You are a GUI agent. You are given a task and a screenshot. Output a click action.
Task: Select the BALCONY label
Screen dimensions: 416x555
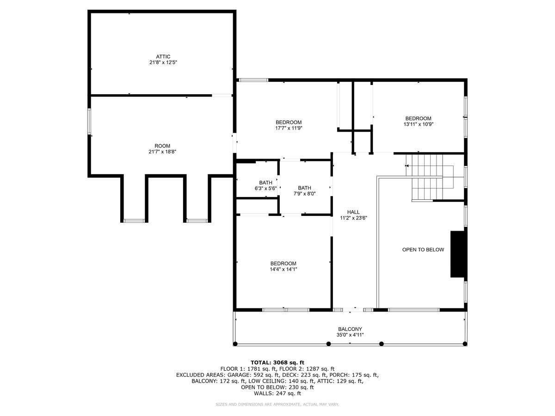coord(350,329)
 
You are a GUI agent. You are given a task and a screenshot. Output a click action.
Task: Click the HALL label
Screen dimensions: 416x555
coord(353,212)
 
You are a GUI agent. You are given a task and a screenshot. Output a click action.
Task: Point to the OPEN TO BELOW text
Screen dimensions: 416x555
coord(423,250)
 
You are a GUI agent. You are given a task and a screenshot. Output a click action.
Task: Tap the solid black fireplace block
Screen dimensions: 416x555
coord(458,254)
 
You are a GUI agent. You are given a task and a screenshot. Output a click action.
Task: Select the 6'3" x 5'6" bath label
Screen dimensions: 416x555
coord(265,188)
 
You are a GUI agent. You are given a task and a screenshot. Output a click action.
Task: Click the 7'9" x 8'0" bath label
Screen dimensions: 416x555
coord(304,194)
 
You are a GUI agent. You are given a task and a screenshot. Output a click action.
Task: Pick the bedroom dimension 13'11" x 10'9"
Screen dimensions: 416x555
coord(418,124)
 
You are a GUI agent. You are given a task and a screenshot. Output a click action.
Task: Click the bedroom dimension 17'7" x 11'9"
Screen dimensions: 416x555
coord(289,128)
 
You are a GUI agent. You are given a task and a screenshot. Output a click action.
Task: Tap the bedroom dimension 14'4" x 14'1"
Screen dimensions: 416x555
coord(284,269)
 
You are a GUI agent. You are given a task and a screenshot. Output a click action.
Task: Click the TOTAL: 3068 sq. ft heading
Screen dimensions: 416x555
coord(277,362)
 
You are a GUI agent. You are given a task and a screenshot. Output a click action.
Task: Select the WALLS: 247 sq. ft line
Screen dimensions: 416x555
coord(277,393)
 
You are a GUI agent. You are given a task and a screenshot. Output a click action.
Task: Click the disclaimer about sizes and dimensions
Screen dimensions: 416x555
coord(277,404)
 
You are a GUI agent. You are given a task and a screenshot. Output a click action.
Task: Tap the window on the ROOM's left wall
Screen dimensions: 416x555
coord(90,122)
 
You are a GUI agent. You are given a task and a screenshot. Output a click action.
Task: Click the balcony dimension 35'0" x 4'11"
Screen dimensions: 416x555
coord(350,335)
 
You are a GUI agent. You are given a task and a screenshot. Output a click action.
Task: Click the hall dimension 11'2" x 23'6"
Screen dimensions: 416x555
coord(353,218)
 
